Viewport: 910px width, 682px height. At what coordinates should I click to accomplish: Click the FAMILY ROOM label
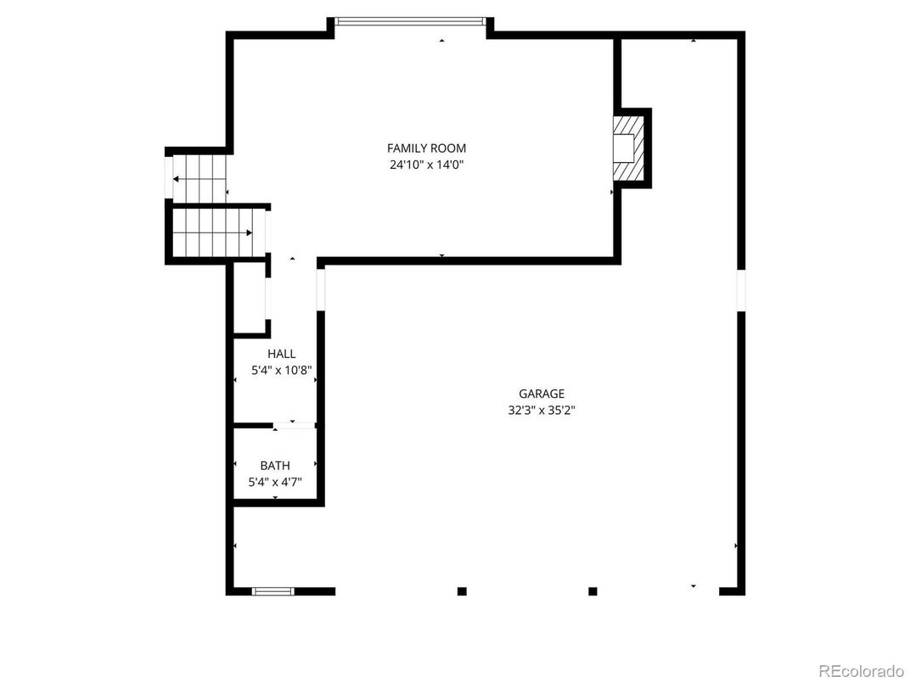pyautogui.click(x=426, y=148)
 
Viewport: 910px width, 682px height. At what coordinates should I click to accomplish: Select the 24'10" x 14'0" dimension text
pyautogui.click(x=426, y=165)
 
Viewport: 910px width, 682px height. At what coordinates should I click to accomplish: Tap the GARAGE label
pyautogui.click(x=542, y=394)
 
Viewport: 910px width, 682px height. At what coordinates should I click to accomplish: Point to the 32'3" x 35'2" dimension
pyautogui.click(x=542, y=411)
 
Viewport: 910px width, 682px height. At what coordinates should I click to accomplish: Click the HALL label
pyautogui.click(x=282, y=354)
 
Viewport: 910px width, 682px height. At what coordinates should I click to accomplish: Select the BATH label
pyautogui.click(x=275, y=466)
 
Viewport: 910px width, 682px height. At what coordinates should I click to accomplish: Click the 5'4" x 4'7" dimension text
pyautogui.click(x=275, y=482)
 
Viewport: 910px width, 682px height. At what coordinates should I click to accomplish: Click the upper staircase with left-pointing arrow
pyautogui.click(x=199, y=178)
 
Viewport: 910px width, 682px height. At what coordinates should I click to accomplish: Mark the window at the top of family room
pyautogui.click(x=411, y=21)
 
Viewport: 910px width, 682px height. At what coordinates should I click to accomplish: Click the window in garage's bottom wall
pyautogui.click(x=273, y=591)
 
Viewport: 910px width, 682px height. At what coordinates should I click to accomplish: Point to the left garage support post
pyautogui.click(x=462, y=591)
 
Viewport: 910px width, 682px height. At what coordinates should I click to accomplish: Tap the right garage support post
pyautogui.click(x=593, y=591)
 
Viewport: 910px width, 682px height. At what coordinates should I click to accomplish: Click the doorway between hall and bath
pyautogui.click(x=293, y=425)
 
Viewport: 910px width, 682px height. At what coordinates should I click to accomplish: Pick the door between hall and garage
pyautogui.click(x=321, y=289)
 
